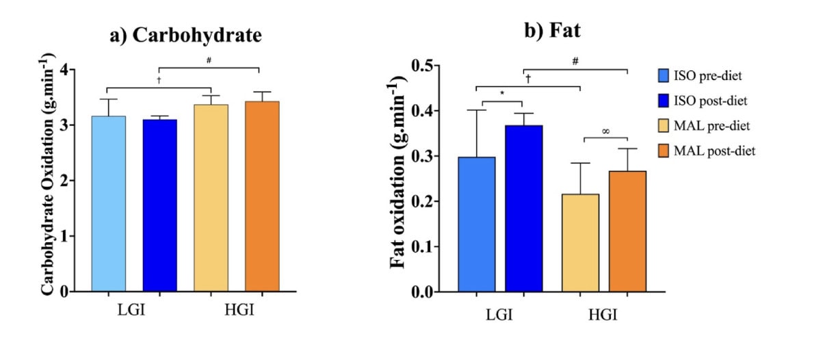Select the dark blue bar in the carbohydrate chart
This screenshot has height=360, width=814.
pos(159,205)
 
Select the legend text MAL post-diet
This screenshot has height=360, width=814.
pos(724,150)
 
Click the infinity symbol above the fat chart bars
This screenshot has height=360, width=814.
pos(605,131)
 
